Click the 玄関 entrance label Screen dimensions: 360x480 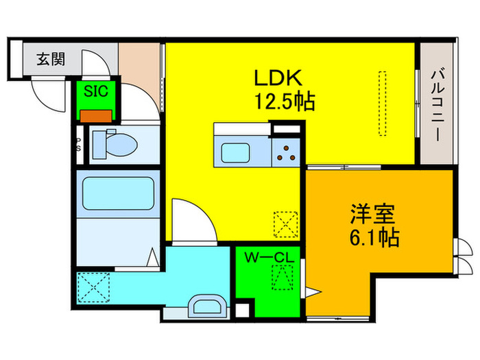pos(51,60)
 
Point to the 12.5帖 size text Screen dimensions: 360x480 pos(285,102)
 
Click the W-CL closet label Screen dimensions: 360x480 pos(269,257)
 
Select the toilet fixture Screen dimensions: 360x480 pos(113,145)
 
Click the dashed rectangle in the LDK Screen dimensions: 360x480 pos(383,103)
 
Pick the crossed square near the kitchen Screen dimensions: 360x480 pos(283,224)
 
